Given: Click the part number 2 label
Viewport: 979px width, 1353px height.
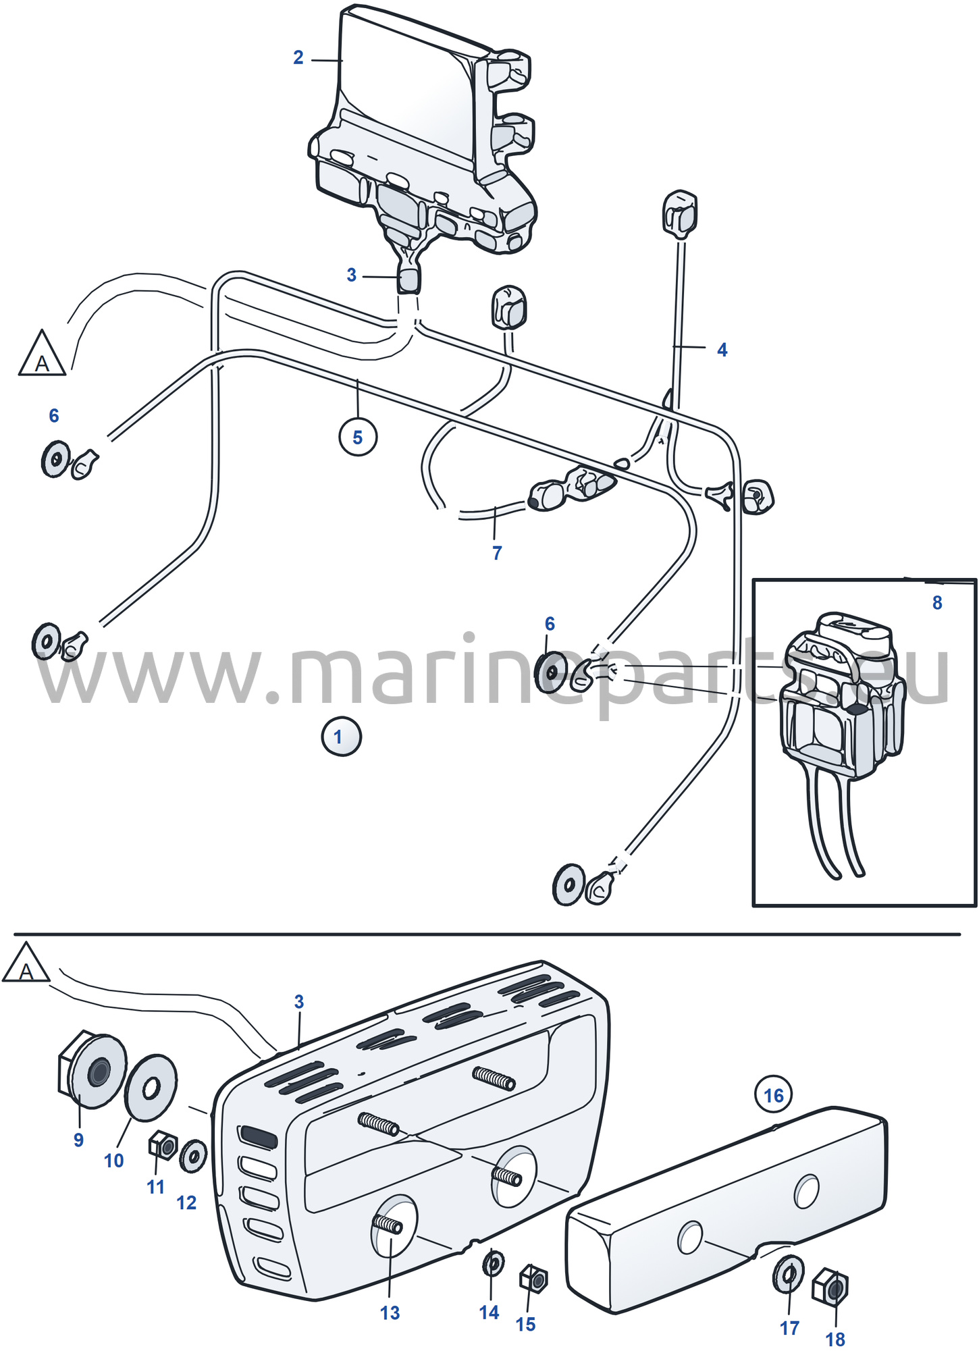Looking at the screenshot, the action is coord(298,58).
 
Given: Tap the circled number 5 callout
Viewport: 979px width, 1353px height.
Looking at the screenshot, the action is coord(358,437).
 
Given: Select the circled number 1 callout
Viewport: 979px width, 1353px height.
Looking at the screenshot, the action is coord(341,737).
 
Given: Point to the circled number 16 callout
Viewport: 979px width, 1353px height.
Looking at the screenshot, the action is coord(774,1094).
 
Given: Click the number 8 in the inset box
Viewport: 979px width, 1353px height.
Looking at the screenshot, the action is coord(937,603).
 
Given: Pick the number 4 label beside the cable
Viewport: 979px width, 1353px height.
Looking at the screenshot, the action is coord(722,350).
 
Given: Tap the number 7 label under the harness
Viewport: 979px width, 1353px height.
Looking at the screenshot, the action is coord(497,553).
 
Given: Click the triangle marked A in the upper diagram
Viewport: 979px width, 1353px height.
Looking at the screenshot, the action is coord(42,354).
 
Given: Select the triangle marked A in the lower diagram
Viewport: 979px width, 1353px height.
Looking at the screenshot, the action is coord(26,963).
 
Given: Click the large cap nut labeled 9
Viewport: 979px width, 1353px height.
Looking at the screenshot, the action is coord(91,1070).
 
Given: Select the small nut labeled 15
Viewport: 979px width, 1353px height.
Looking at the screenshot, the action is coord(533,1279).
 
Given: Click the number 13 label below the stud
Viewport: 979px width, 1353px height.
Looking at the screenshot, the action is coord(390,1313).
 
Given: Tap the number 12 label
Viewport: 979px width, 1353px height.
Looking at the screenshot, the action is coord(186,1202).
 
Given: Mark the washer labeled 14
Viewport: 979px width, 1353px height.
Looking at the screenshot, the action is coord(494,1263).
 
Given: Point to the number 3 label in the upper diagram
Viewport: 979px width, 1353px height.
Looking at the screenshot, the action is coord(351,275).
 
